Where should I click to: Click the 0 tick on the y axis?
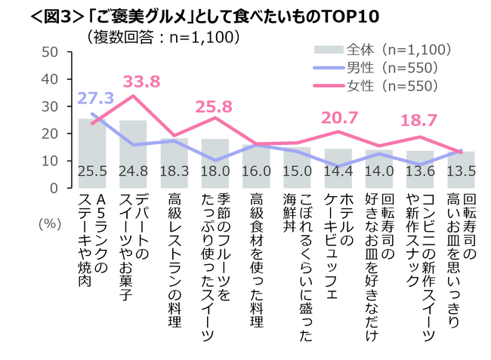(55, 188)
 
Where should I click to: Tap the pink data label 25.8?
(215, 106)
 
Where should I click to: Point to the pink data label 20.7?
(338, 118)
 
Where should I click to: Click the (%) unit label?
(51, 225)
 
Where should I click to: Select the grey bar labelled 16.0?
(255, 166)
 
